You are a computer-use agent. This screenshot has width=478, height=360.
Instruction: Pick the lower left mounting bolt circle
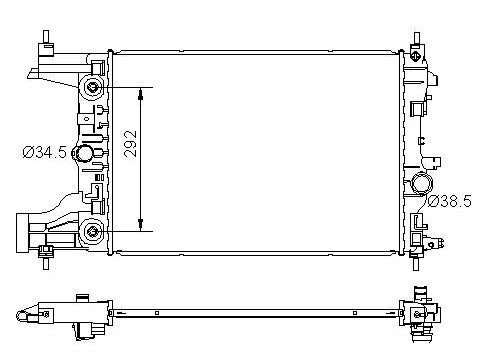[x=93, y=233]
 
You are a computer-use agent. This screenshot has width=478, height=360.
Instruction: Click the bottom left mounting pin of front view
[x=46, y=263]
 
